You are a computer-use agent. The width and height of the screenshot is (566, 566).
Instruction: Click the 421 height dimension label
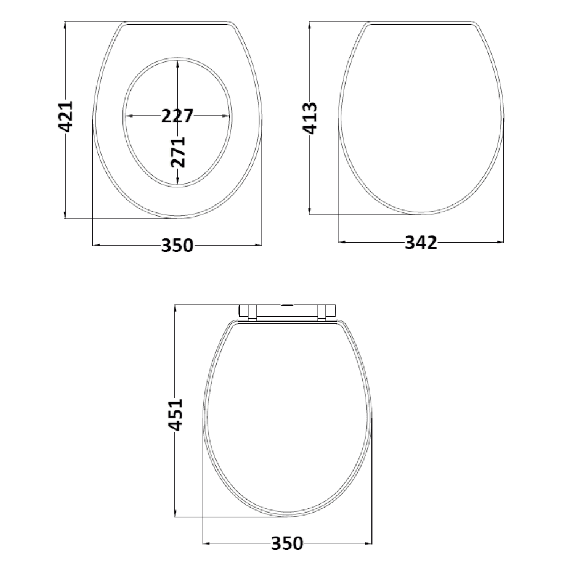click(x=66, y=117)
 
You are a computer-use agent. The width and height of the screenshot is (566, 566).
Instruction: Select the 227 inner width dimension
click(x=177, y=115)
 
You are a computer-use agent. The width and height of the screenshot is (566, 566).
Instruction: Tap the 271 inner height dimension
click(x=178, y=152)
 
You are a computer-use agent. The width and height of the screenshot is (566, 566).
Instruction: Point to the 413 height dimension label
click(x=310, y=117)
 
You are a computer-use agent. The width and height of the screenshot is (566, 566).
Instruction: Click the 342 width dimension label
click(x=421, y=243)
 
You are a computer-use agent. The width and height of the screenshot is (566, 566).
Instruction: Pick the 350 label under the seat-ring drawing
click(x=177, y=245)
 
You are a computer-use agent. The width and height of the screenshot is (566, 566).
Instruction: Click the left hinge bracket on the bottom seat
click(x=248, y=312)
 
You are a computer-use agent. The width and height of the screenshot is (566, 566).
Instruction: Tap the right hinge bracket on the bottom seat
click(x=327, y=312)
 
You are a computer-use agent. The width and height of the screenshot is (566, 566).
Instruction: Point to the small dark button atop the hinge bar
click(x=288, y=305)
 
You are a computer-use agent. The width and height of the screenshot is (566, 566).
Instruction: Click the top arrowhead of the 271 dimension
click(x=178, y=63)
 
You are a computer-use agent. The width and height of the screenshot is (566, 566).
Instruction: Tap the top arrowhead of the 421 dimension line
click(x=66, y=24)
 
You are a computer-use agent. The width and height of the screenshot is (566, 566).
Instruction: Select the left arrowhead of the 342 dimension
click(x=341, y=243)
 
